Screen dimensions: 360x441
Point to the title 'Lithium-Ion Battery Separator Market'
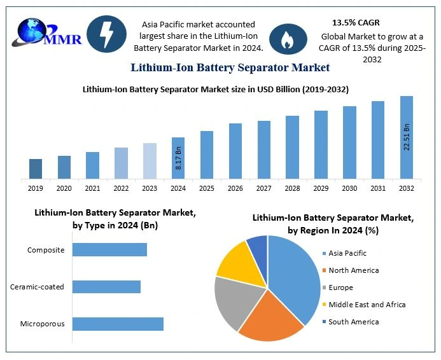click(230, 67)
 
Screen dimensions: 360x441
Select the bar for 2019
click(36, 169)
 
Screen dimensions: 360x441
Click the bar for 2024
click(178, 158)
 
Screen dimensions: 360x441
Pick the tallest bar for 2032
click(407, 137)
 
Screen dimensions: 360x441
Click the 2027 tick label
click(263, 188)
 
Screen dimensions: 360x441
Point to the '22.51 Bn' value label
click(407, 155)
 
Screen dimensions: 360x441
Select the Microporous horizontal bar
click(118, 324)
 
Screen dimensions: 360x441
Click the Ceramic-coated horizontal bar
click(106, 287)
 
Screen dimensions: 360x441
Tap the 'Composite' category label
click(46, 250)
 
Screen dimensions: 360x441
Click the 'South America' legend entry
click(353, 322)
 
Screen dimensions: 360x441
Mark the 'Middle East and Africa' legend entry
click(367, 305)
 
